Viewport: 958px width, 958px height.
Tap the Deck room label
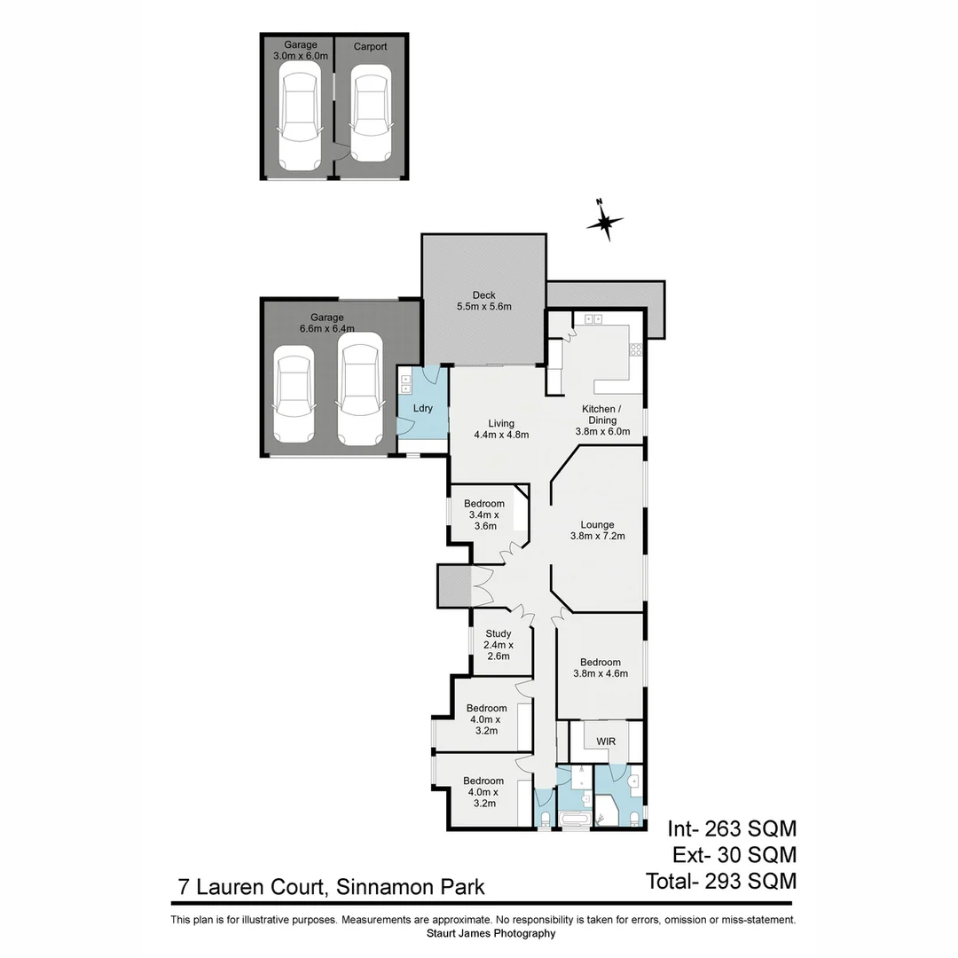(483, 301)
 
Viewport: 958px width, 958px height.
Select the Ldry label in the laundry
(423, 408)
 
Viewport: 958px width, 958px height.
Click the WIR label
(606, 740)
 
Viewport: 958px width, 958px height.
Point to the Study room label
(498, 645)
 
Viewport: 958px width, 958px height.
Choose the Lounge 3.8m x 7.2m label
(597, 530)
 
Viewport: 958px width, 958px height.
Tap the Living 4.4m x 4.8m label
(501, 429)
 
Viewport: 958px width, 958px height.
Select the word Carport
(370, 46)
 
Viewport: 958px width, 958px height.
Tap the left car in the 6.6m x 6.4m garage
(294, 395)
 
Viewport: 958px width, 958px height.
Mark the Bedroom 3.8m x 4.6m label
(601, 667)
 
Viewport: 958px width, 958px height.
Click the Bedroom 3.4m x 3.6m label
(483, 514)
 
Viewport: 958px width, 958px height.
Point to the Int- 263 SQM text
(732, 828)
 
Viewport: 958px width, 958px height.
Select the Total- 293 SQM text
(721, 881)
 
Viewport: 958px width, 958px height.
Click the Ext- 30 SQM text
(732, 855)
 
